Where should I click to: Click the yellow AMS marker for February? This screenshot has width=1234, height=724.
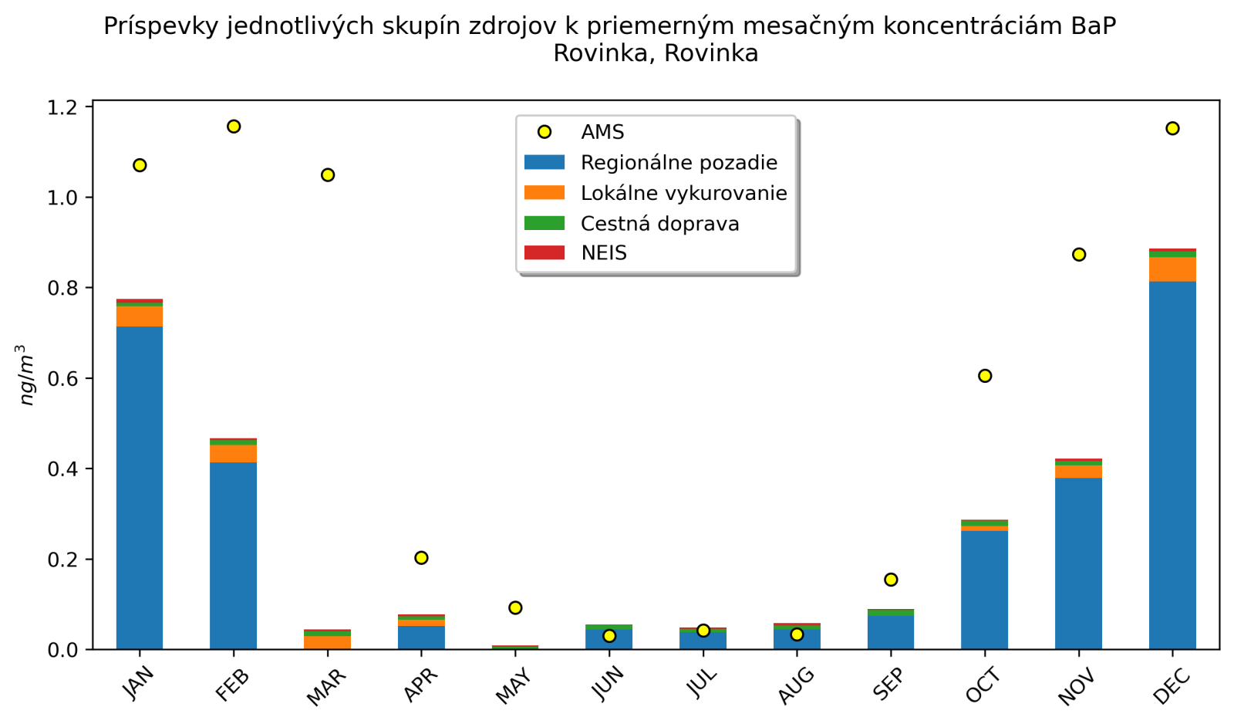point(234,127)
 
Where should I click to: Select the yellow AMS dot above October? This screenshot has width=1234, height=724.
point(985,376)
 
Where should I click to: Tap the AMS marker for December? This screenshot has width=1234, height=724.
point(1172,128)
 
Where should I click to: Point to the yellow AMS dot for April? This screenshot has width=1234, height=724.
point(421,558)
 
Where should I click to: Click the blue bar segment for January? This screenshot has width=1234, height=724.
point(140,486)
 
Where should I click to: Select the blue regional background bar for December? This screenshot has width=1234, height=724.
point(1172,463)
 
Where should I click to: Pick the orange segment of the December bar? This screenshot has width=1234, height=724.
point(1172,269)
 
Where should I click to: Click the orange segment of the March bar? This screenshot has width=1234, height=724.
point(328,642)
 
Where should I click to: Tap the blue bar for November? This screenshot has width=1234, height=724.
point(1078,563)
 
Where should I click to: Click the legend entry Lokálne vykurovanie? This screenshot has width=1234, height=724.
point(683,193)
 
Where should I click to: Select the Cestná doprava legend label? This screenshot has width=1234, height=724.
point(659,224)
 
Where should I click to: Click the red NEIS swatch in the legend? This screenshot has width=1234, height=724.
point(545,253)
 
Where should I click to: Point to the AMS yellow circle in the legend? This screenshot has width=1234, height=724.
point(545,132)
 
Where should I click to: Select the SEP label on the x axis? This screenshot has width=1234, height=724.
point(888,684)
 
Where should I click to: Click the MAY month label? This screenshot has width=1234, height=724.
point(514,686)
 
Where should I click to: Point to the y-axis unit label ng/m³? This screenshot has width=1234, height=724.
point(27,375)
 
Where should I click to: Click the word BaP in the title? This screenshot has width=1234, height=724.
point(1093,26)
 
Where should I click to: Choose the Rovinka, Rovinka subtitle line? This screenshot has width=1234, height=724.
point(656,53)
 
